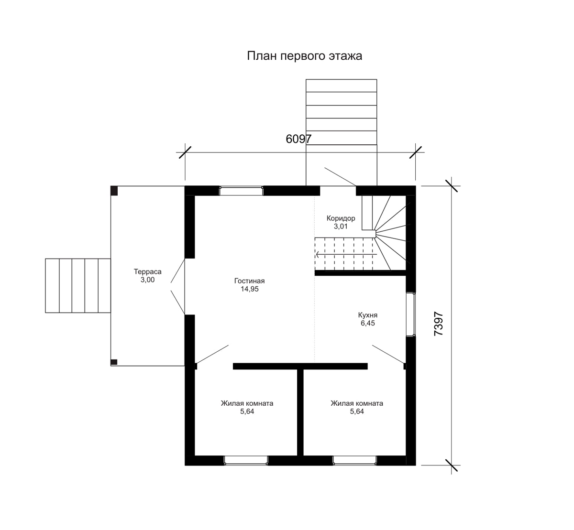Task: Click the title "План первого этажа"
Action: coord(304,56)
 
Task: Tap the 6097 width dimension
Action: coord(298,139)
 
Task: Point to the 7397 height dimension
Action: coord(439,324)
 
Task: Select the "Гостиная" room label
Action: coord(249,281)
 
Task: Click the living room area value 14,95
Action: coord(250,289)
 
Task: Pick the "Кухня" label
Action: coord(368,315)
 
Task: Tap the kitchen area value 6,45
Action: coord(368,323)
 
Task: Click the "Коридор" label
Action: coord(341,218)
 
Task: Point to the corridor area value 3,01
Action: coord(341,227)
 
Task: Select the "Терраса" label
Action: coord(147,271)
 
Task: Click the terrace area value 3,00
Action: coord(147,280)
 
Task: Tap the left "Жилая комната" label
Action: coord(247,403)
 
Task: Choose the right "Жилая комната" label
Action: coord(357,403)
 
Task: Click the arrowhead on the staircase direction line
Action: coord(318,254)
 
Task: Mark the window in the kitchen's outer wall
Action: coord(410,314)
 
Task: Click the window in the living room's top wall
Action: coord(241,191)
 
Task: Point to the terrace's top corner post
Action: coord(114,191)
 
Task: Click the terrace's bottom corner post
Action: coord(114,362)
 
